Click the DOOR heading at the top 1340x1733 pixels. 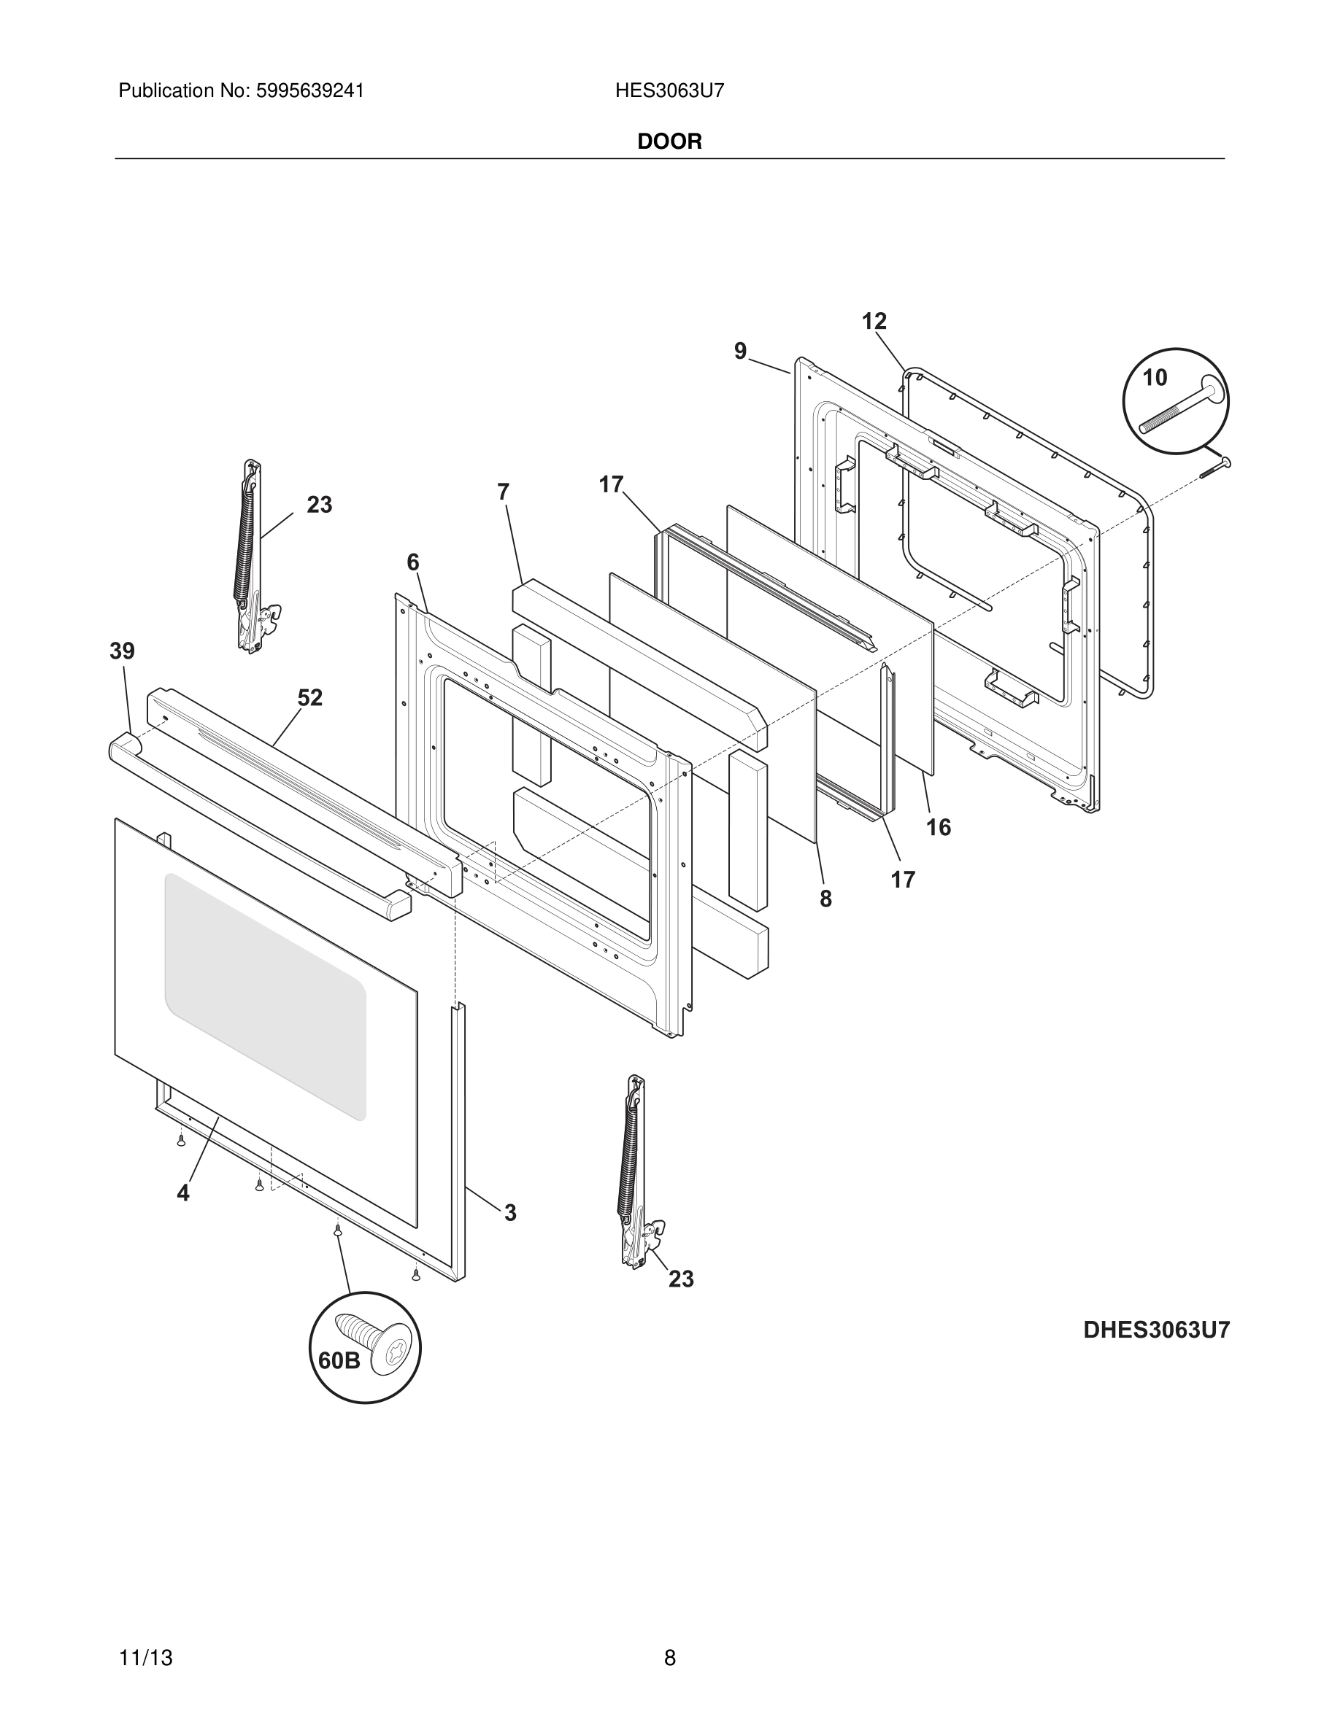(x=669, y=142)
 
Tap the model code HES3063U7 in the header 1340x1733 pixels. (x=669, y=91)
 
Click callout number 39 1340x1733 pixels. (x=123, y=651)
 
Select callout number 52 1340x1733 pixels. (x=309, y=698)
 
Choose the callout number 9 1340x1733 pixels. (x=740, y=351)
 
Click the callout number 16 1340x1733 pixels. (x=939, y=828)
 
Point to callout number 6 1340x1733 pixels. (x=413, y=562)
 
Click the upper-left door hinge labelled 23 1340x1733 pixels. (x=251, y=556)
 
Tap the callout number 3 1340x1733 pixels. (x=509, y=1212)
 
